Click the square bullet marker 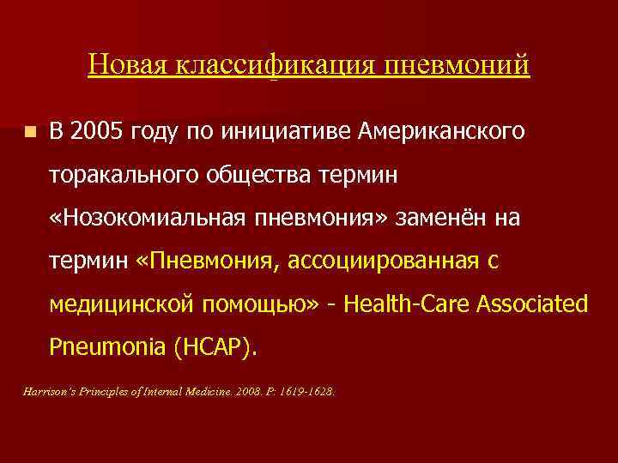point(30,134)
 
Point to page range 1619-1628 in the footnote point(307,391)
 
